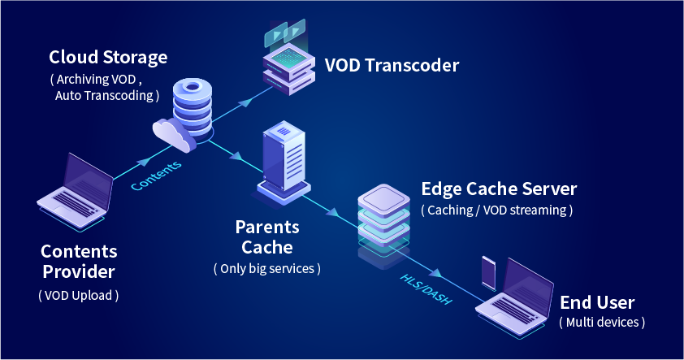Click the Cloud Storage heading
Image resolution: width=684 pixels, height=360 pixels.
108,58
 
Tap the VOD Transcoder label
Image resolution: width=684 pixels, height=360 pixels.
392,64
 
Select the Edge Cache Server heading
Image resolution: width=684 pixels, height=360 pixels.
499,189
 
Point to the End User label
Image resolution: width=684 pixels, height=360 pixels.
597,303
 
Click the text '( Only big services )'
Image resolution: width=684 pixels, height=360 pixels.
266,267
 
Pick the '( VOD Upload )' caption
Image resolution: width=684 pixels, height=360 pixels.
79,295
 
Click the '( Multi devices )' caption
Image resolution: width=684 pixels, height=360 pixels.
602,323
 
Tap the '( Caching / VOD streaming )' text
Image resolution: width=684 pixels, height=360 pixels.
497,210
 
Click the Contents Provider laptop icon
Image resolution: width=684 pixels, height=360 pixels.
76,192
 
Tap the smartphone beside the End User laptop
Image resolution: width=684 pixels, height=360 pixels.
488,273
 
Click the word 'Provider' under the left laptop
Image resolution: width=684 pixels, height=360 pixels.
79,271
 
